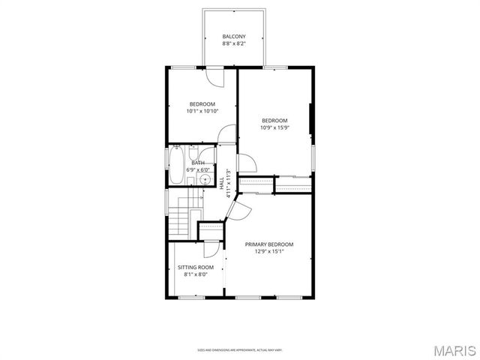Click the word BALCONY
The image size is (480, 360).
coord(233,37)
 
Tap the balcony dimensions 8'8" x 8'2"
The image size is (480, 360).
coord(233,44)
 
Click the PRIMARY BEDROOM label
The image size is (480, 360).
coord(269,244)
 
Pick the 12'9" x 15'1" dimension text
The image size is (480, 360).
coord(269,251)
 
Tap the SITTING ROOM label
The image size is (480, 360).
coord(196,267)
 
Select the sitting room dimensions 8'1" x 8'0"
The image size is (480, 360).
coord(196,274)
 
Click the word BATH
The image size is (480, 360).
coord(198,163)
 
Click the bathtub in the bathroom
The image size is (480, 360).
coord(178,165)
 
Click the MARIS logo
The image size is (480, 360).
coord(455,349)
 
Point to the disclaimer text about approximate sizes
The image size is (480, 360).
coord(240,349)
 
